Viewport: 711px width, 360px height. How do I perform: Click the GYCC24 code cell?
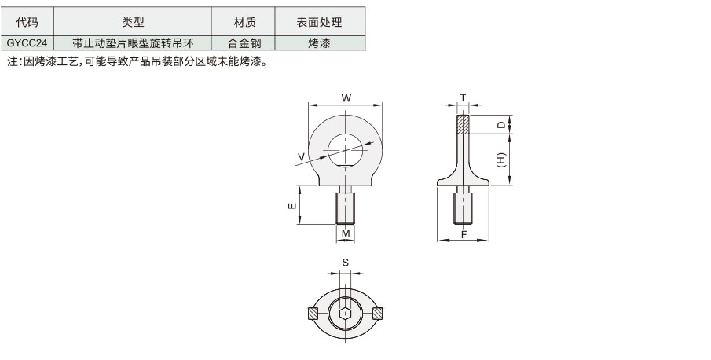tap(27, 43)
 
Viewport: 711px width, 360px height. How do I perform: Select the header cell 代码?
tap(27, 22)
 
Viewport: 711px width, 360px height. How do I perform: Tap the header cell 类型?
tap(133, 22)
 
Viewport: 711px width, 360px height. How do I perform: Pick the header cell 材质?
tap(244, 22)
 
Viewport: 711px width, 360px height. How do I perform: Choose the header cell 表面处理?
tap(320, 22)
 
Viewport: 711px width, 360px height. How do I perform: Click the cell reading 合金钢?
tap(244, 43)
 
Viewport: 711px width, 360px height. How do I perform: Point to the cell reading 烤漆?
tap(320, 43)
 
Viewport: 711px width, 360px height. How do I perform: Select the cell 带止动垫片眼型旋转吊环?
tap(133, 43)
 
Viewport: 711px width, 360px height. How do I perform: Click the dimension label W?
tap(346, 98)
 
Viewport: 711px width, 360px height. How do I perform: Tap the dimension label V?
tap(301, 157)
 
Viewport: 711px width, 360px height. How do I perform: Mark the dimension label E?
tap(292, 205)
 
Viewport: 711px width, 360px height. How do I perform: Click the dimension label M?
tap(346, 233)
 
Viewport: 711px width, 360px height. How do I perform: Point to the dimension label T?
tap(463, 98)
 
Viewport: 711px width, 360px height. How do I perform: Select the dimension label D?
tap(501, 124)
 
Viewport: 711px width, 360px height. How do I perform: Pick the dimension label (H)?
tap(501, 160)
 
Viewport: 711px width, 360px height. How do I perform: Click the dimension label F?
tap(464, 234)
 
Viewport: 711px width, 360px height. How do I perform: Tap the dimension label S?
tap(346, 263)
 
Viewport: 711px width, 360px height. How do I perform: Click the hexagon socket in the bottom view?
tap(346, 314)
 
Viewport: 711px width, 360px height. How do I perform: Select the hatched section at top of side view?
tap(463, 124)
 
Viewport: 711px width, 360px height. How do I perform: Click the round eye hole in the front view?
tap(346, 151)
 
